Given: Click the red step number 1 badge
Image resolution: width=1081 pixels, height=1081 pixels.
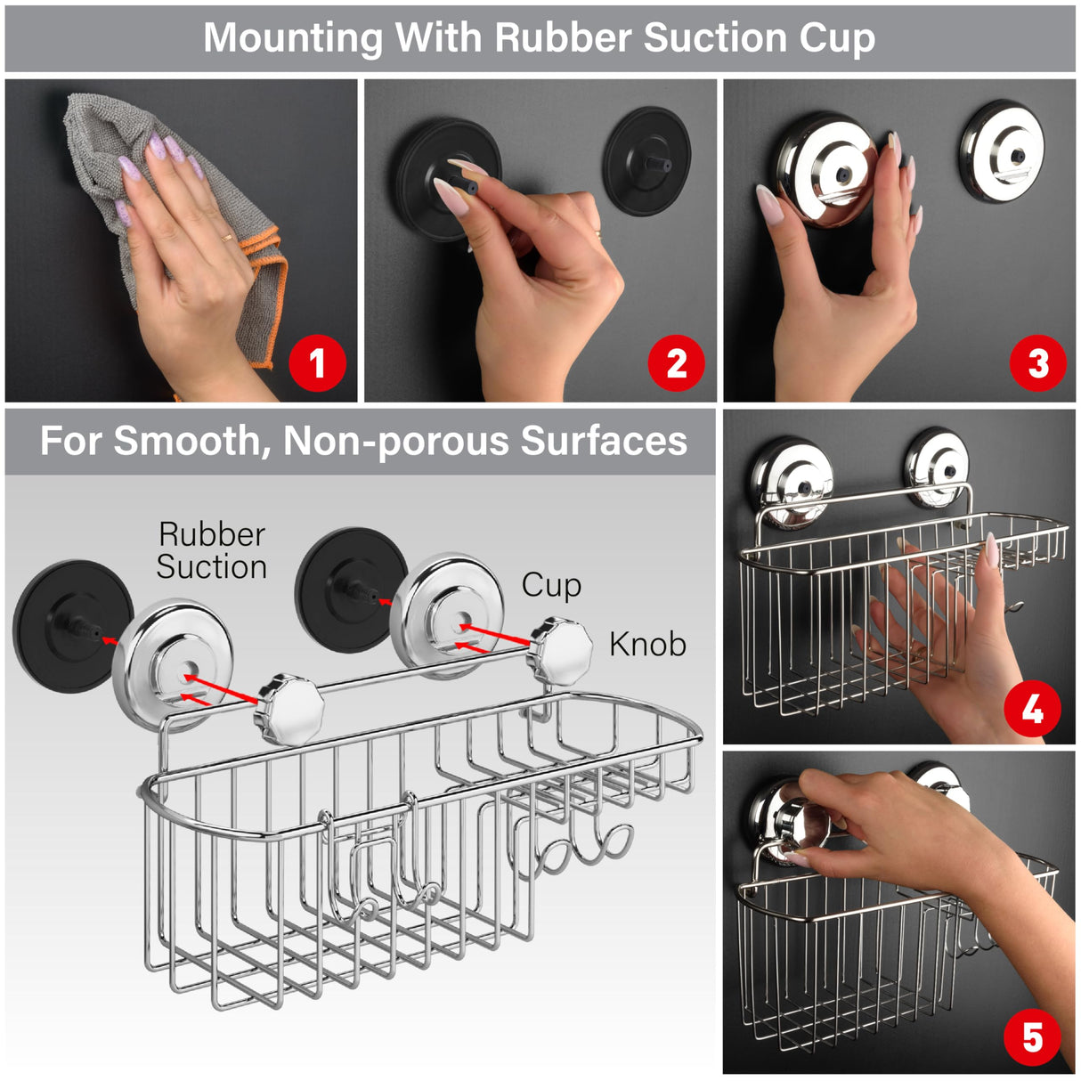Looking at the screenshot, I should [317, 363].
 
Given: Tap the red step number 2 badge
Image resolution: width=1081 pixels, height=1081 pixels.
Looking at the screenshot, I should [676, 363].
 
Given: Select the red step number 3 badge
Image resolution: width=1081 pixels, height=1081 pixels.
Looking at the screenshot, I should [1037, 363].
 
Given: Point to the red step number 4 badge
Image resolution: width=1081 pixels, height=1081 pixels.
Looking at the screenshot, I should [1032, 710].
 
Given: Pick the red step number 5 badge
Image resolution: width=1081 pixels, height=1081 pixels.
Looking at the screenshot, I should [1032, 1037].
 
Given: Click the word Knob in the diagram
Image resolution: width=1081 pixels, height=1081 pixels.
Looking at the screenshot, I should [647, 644].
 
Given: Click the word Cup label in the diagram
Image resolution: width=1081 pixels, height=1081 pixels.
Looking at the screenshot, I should [551, 585].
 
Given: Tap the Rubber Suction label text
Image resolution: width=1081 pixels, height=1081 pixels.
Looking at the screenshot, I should [212, 550].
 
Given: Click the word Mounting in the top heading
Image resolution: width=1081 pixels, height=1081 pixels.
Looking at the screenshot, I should [293, 38].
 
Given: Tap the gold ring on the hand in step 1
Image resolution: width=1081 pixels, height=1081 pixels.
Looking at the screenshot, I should [228, 238].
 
